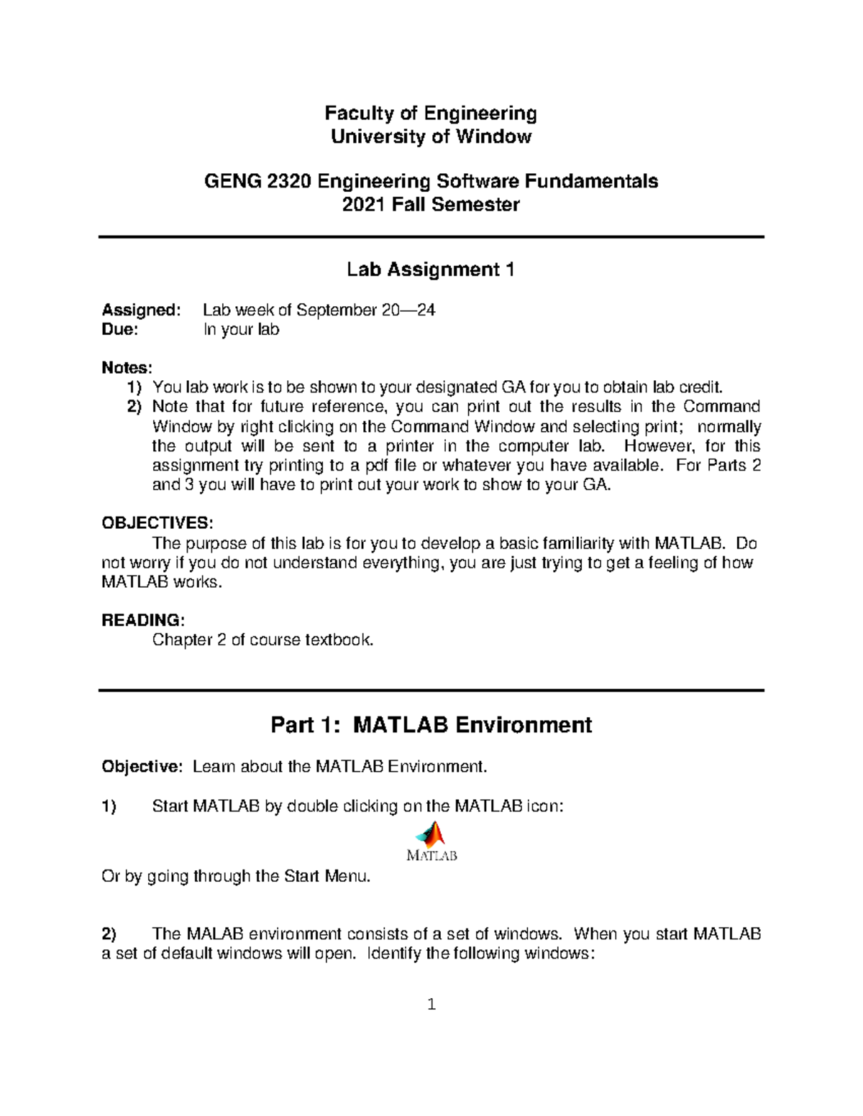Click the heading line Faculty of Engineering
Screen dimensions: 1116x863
(431, 114)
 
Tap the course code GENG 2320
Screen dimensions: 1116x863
(258, 181)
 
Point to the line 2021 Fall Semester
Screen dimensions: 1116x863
(431, 205)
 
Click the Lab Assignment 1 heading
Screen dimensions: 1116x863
(431, 269)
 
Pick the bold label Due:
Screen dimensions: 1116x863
(119, 330)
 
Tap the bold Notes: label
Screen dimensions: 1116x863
(127, 368)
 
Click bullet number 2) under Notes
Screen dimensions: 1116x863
(135, 407)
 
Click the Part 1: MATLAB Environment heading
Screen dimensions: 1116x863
(431, 724)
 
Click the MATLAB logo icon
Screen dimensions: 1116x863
(432, 841)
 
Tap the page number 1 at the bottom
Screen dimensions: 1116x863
(431, 1005)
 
